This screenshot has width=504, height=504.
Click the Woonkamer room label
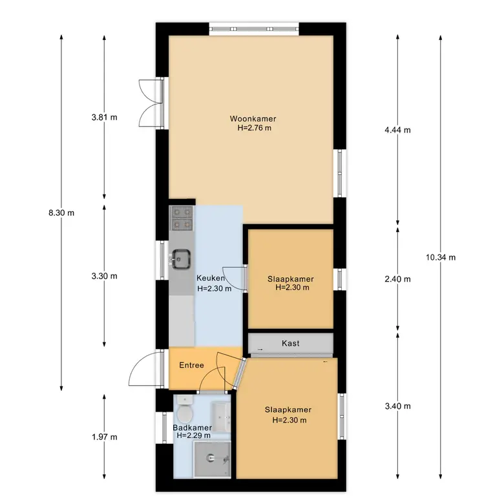(253, 119)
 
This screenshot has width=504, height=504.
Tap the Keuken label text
(211, 278)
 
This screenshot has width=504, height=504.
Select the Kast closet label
(291, 343)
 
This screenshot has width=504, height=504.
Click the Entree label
(191, 365)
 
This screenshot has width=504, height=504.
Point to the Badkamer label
(192, 428)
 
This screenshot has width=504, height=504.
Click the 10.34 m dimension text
(441, 257)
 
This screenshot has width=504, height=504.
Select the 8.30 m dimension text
(61, 213)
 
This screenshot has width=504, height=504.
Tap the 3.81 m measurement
(105, 118)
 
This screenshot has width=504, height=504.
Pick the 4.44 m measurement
(397, 130)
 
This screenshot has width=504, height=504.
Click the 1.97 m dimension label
(105, 437)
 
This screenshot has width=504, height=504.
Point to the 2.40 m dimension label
(397, 279)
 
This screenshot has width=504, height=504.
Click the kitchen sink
(181, 259)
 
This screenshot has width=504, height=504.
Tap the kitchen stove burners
(182, 218)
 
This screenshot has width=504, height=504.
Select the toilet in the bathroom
(185, 410)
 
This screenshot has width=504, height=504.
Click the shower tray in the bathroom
(212, 459)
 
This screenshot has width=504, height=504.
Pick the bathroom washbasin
(221, 417)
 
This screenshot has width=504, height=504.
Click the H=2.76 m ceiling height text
(254, 128)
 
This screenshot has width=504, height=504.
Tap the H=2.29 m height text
(193, 436)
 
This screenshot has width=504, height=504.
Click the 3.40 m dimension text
(397, 406)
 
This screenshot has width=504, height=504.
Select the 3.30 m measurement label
(105, 276)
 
